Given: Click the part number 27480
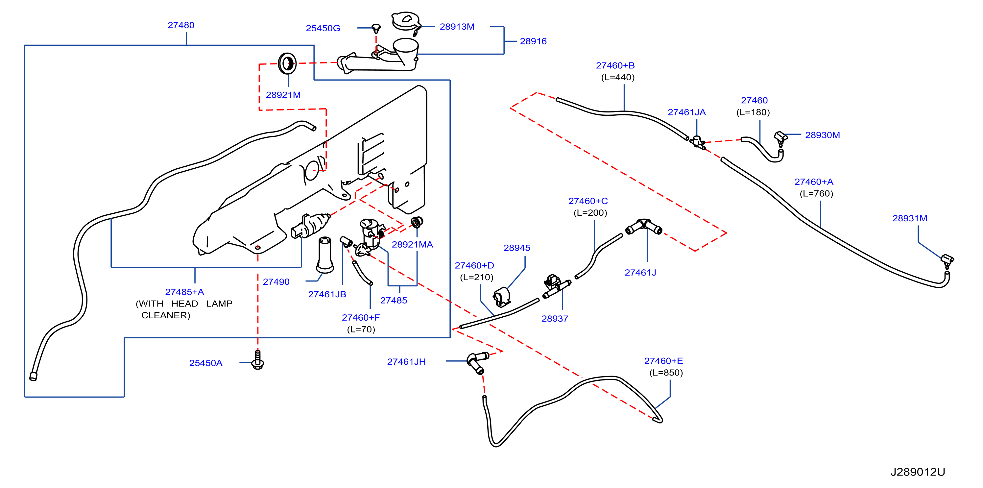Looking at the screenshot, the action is coord(181,25).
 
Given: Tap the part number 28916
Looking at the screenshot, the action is coord(533,41).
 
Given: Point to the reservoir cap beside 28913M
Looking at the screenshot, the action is coord(406,22).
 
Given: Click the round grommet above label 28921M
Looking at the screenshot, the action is coord(287,63).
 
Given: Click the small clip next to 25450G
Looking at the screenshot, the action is coord(376,28).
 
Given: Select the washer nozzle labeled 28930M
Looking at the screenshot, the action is coord(780,138).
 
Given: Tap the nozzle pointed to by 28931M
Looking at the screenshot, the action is coord(947,261).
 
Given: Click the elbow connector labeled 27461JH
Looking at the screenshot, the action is coord(477,362).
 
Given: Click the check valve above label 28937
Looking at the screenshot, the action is coord(555,286).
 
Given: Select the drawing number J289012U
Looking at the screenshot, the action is coord(918,472).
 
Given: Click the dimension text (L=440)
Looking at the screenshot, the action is coord(618,78).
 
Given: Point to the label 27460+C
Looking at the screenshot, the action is coord(588,201).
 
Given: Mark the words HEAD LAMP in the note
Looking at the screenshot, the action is coord(202,304).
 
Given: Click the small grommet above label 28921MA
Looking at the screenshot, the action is coord(417,222).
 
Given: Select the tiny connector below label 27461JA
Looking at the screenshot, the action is coord(698,142).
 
